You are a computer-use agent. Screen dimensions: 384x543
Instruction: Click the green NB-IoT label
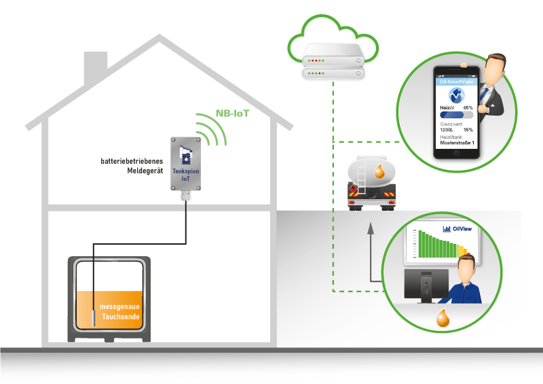[x=232, y=114]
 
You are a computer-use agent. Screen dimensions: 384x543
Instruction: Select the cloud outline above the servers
[x=335, y=35]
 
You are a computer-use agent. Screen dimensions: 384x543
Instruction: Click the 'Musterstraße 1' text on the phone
[x=454, y=143]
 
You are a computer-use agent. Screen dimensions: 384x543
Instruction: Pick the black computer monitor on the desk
[x=427, y=285]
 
